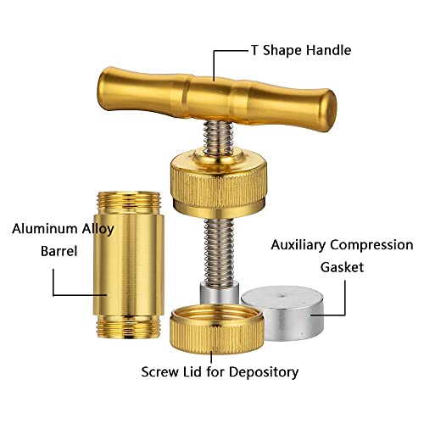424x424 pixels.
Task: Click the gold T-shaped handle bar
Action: [x=217, y=99]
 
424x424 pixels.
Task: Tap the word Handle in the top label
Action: [x=329, y=50]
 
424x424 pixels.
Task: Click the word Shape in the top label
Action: [x=282, y=51]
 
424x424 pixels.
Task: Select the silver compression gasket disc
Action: [x=282, y=313]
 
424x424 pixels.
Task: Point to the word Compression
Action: [x=371, y=245]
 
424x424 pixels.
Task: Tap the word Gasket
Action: [x=342, y=267]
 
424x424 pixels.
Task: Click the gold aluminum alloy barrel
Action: [x=128, y=265]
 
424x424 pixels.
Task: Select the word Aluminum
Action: [x=45, y=228]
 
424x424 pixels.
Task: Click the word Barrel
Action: [x=59, y=251]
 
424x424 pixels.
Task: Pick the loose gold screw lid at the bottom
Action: [x=217, y=328]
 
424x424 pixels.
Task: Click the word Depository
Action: [x=264, y=372]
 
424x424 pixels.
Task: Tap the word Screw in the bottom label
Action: [x=159, y=372]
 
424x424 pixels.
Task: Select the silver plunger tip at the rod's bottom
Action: [x=220, y=294]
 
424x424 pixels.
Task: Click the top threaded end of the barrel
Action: [x=129, y=201]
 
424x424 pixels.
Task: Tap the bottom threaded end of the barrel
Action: [x=129, y=327]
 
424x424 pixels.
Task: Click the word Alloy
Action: [x=98, y=230]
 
